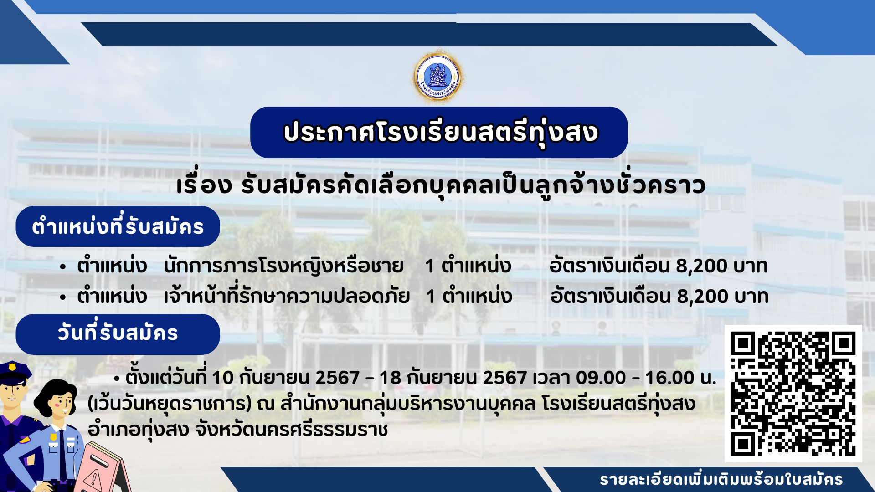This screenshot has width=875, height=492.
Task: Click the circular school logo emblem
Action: (x=438, y=77)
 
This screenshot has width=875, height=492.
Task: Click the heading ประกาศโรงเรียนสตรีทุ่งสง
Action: (x=440, y=133)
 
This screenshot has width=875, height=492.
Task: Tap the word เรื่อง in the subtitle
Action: (x=204, y=185)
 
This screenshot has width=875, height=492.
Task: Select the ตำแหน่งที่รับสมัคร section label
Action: (x=118, y=226)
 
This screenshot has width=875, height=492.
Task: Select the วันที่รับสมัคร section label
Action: (x=118, y=333)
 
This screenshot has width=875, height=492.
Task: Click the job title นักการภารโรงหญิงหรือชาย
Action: (x=283, y=266)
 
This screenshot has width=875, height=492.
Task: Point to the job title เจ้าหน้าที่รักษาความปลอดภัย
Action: (x=286, y=296)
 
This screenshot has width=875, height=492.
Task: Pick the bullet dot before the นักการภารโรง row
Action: (x=63, y=267)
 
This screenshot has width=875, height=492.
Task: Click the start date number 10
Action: (x=222, y=378)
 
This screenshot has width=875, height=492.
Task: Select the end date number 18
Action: (x=390, y=378)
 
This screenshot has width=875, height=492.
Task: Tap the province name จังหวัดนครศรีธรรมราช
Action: (x=291, y=429)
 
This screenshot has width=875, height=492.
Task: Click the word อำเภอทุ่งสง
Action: (x=138, y=429)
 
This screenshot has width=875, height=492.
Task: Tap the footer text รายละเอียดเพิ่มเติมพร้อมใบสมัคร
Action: (x=721, y=480)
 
